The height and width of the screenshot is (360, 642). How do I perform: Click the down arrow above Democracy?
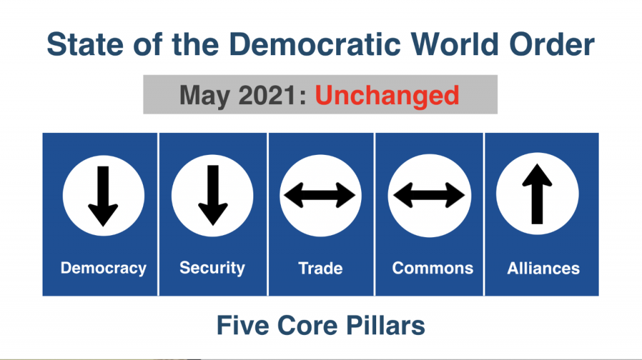(x=103, y=196)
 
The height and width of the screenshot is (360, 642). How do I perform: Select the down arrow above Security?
(x=213, y=195)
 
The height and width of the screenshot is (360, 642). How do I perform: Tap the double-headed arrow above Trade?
(x=320, y=195)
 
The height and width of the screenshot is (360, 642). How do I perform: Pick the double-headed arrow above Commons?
(x=429, y=195)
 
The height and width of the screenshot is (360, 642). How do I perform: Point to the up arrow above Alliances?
(x=537, y=194)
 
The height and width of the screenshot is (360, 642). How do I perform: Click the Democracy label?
(x=103, y=268)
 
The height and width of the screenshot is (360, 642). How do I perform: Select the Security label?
(x=212, y=268)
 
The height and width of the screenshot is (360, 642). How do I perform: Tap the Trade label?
(x=320, y=268)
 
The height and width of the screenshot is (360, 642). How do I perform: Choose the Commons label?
(x=433, y=268)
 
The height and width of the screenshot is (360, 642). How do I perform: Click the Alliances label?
(x=544, y=268)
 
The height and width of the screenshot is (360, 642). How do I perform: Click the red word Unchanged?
(x=387, y=96)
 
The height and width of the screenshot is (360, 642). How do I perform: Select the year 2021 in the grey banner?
(x=267, y=95)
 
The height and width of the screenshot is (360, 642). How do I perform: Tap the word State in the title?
(x=85, y=45)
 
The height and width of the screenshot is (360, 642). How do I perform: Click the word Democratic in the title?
(x=314, y=45)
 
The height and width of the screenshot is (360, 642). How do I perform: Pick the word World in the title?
(x=455, y=45)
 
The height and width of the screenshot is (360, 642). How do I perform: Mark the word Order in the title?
(x=552, y=45)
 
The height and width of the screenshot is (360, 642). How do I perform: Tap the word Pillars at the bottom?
(x=386, y=326)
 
